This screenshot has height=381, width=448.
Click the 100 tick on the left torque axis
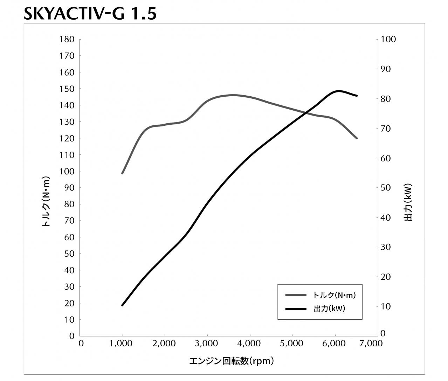(68, 171)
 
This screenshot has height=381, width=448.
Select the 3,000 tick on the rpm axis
(207, 344)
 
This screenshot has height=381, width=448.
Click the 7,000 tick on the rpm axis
(371, 344)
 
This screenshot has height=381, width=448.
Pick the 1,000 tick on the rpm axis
(122, 344)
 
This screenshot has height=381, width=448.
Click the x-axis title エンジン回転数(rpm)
(232, 361)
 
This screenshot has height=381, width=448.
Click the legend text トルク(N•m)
(334, 295)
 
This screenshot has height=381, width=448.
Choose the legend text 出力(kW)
(329, 309)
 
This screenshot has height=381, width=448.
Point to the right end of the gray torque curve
(357, 138)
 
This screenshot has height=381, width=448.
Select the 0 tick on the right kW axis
(383, 333)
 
